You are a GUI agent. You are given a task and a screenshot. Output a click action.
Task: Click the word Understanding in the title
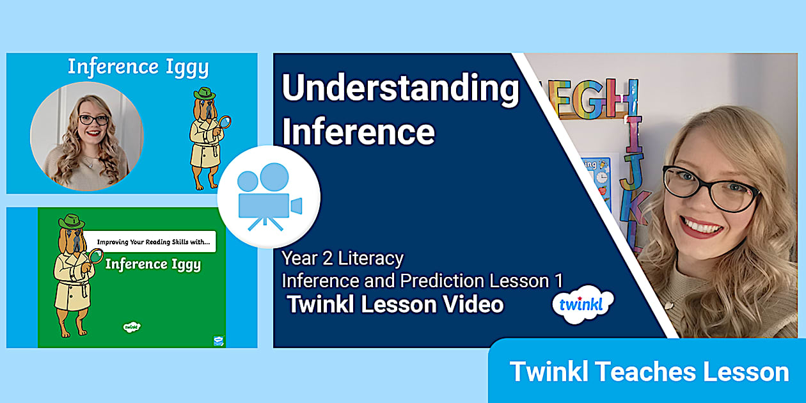tap(400, 89)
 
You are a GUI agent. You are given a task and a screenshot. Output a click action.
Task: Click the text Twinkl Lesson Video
tap(395, 304)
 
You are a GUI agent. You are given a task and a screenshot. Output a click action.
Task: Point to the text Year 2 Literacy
tap(343, 258)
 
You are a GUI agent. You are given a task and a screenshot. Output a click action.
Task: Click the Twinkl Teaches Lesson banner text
tap(649, 372)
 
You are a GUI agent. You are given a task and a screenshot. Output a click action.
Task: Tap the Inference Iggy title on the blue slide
tap(138, 67)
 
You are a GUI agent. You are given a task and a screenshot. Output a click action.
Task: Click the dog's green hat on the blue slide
tap(205, 94)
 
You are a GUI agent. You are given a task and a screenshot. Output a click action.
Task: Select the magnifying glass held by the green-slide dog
tap(96, 256)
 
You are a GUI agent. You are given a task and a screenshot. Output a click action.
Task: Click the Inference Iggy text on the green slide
tap(153, 264)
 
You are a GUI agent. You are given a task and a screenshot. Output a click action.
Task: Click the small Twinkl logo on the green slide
tap(132, 326)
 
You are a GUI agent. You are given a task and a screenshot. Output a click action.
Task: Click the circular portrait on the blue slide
tap(87, 136)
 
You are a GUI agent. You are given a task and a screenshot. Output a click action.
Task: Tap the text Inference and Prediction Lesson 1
tap(422, 280)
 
